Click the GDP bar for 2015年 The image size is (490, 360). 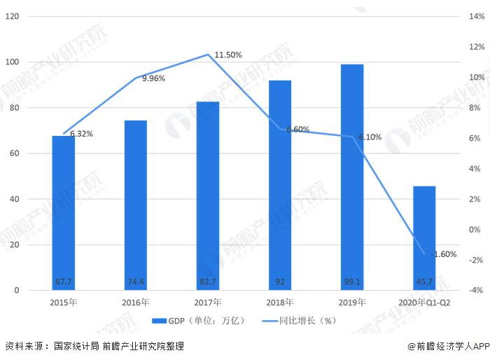(64, 213)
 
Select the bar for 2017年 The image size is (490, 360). (207, 196)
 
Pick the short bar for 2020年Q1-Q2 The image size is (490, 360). (423, 238)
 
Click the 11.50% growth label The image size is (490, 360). (228, 55)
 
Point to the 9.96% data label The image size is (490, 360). (153, 78)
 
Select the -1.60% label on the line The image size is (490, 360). (444, 254)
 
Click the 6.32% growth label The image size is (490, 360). (81, 133)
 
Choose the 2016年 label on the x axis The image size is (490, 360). (135, 303)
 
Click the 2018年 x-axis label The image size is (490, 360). (279, 303)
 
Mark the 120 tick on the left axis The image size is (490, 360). (13, 16)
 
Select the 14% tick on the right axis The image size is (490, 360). (476, 16)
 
